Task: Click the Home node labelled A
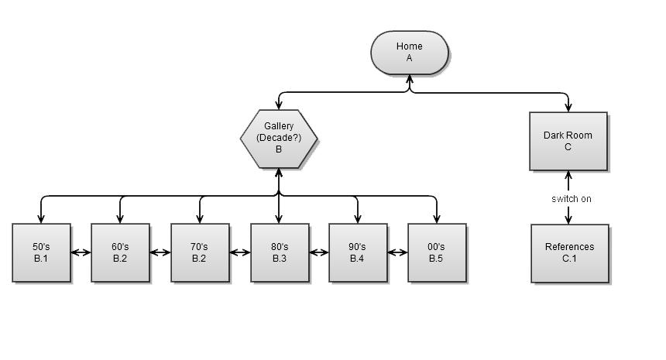[x=409, y=52]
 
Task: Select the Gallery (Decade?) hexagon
[x=279, y=139]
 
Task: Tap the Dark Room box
[x=568, y=141]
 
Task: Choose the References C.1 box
[x=569, y=252]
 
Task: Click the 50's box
[x=42, y=252]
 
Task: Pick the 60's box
[x=120, y=252]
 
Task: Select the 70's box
[x=200, y=252]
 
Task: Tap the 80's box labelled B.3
[x=280, y=252]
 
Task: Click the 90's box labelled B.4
[x=358, y=252]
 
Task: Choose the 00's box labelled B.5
[x=437, y=252]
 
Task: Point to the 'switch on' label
[x=572, y=199]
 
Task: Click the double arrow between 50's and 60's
[x=81, y=252]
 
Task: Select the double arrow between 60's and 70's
[x=160, y=252]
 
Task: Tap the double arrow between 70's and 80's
[x=240, y=252]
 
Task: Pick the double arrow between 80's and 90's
[x=319, y=252]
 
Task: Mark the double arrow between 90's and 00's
[x=398, y=252]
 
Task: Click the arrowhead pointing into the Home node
[x=410, y=78]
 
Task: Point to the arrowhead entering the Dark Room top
[x=568, y=108]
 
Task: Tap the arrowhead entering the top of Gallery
[x=279, y=105]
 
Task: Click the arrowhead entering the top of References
[x=568, y=220]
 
